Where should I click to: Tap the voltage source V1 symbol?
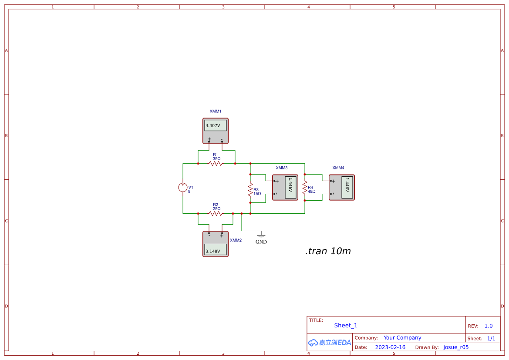tap(182, 188)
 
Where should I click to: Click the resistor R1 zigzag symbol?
tap(216, 164)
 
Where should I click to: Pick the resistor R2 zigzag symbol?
tap(216, 213)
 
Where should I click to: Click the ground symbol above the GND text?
tap(261, 236)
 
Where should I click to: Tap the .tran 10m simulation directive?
tap(328, 251)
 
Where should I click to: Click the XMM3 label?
tap(282, 168)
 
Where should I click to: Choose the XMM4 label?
tap(338, 168)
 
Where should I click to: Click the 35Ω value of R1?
tap(216, 159)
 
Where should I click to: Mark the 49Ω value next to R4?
tap(312, 191)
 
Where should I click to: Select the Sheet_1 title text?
tap(346, 325)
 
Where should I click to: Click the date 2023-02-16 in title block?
tap(390, 347)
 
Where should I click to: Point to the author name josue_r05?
tap(456, 347)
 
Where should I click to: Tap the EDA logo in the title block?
tap(330, 343)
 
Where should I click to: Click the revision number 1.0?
tap(489, 326)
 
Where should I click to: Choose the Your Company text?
tap(402, 338)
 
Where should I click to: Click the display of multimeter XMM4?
tap(347, 188)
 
